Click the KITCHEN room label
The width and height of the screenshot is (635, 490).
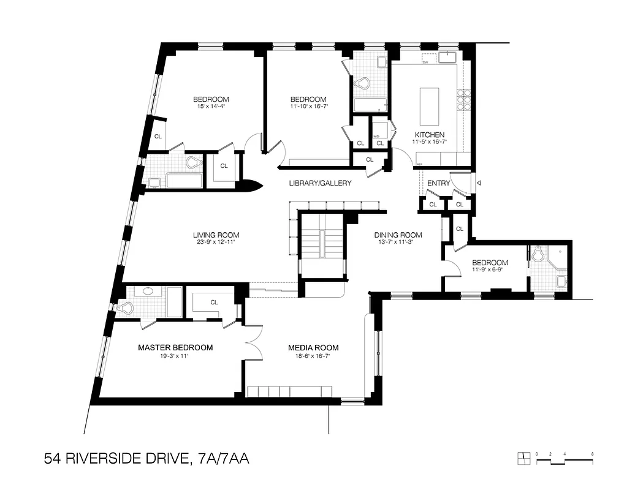[429, 135]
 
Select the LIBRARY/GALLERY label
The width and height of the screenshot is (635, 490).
[321, 183]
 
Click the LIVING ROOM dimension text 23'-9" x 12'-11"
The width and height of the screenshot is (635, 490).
[216, 242]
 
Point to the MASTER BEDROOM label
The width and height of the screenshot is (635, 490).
[175, 347]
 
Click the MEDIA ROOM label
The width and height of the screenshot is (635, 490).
[313, 347]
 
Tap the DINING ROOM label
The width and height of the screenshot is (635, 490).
[398, 235]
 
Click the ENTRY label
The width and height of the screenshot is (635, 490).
[438, 183]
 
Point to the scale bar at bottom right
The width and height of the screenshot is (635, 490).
[564, 458]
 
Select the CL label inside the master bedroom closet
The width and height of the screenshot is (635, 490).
[215, 302]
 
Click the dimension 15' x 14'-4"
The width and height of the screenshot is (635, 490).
[211, 107]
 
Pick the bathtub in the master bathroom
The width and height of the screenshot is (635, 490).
[174, 302]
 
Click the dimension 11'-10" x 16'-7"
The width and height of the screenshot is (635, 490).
[308, 107]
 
